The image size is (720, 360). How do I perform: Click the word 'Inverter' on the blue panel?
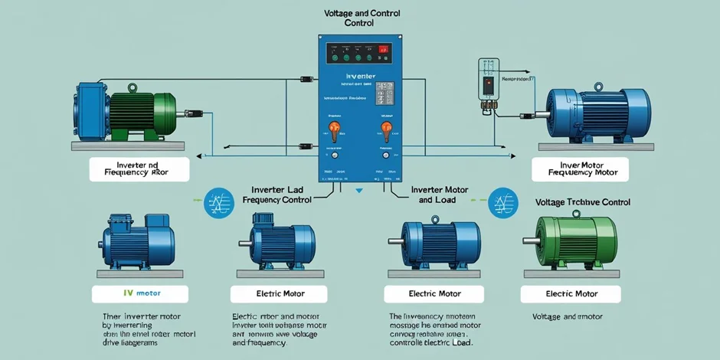click(360, 77)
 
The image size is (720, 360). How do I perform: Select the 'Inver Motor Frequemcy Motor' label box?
click(579, 169)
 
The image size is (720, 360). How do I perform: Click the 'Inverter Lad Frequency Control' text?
click(277, 194)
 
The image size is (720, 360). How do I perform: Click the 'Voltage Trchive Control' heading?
click(582, 202)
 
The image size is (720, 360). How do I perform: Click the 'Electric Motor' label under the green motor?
click(571, 293)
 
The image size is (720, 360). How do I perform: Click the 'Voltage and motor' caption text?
click(568, 316)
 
